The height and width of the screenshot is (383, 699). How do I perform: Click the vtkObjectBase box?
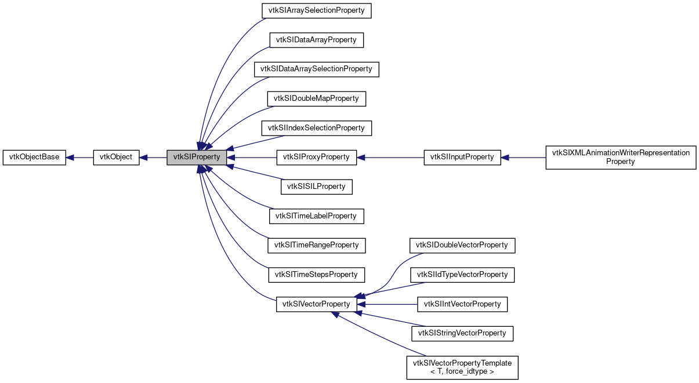click(34, 157)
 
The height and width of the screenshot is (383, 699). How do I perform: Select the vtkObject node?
click(116, 157)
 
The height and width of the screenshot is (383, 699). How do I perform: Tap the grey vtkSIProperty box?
click(196, 157)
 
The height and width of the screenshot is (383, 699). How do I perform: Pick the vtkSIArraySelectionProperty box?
click(316, 10)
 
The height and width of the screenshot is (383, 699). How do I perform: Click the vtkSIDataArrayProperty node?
click(316, 40)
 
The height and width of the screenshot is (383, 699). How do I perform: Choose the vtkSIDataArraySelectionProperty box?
click(316, 69)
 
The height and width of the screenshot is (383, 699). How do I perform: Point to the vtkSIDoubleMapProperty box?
click(316, 99)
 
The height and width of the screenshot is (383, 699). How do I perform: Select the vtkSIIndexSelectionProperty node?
click(316, 127)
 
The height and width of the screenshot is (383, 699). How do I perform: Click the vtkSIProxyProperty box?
click(316, 157)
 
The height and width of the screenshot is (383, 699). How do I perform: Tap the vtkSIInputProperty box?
click(462, 157)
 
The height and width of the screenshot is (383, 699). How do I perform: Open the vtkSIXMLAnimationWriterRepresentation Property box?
click(621, 157)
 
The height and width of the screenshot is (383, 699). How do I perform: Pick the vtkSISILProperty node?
click(316, 187)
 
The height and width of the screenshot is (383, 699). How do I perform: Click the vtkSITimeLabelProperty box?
click(316, 216)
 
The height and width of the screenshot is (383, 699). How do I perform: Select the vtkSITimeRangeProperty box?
click(316, 245)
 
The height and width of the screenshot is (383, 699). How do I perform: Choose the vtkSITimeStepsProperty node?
click(316, 274)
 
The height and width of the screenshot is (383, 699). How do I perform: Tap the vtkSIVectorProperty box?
click(316, 304)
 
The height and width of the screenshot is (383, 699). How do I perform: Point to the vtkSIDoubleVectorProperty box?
click(462, 245)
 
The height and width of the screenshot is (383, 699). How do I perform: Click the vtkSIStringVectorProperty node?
click(462, 333)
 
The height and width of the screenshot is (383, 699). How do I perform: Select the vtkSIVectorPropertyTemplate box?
click(462, 367)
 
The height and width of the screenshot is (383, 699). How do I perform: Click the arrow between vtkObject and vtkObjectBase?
click(79, 157)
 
